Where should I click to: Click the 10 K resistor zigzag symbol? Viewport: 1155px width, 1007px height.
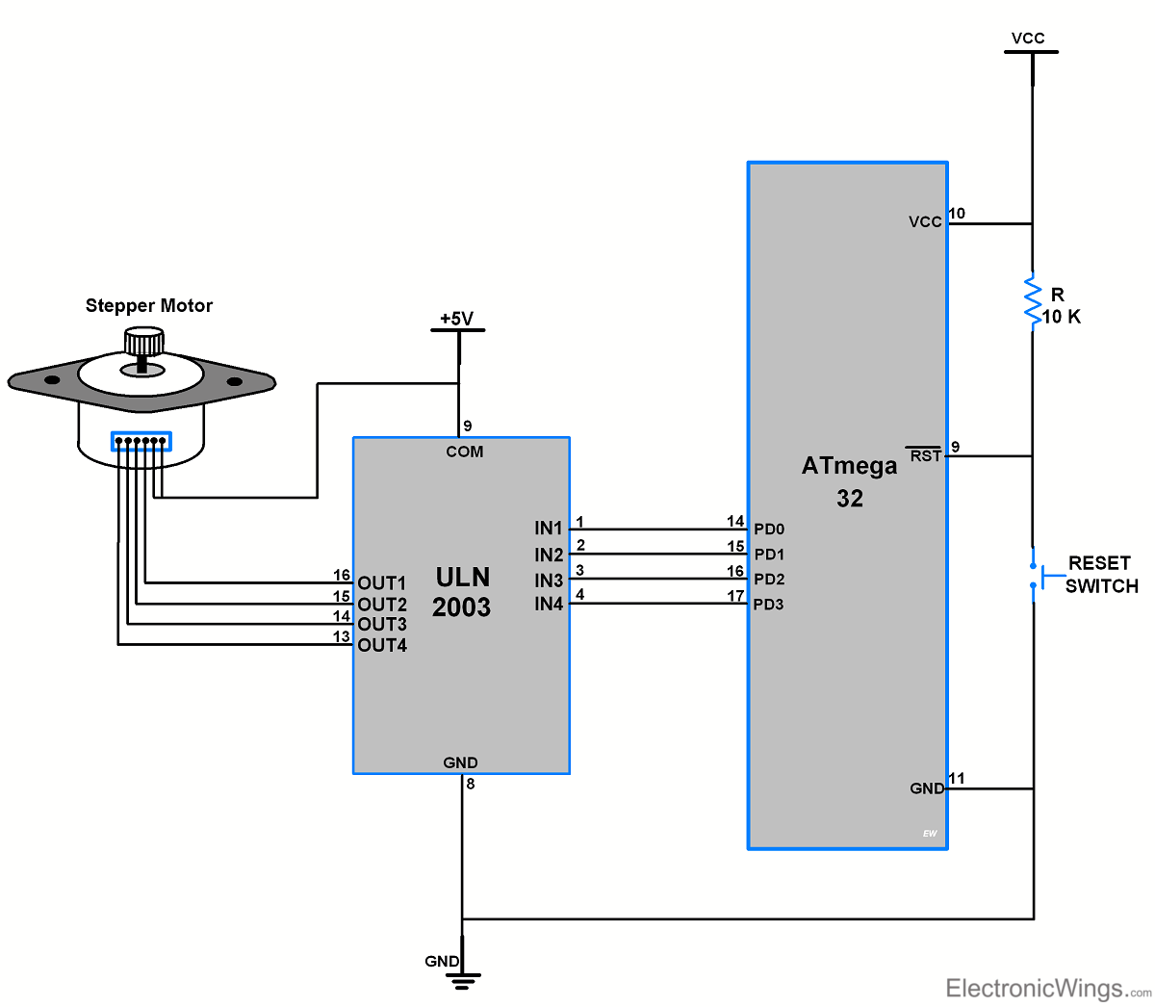pos(1033,300)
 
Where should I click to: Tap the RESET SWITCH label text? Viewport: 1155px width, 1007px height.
pos(1101,575)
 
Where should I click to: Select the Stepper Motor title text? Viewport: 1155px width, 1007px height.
pos(149,306)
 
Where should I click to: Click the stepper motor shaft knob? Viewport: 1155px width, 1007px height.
pos(143,341)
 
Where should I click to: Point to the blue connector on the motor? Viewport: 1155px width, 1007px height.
pos(141,442)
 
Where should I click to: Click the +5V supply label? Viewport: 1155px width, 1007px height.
pos(457,319)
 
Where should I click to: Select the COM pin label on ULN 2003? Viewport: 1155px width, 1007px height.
pos(464,452)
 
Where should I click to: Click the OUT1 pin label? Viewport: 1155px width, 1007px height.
pos(382,583)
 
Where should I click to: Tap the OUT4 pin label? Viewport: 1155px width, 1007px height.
pos(382,645)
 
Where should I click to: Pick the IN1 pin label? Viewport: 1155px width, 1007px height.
pos(549,529)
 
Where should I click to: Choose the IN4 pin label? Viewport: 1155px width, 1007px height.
pos(549,604)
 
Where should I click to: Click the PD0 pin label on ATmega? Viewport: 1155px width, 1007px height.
pos(769,529)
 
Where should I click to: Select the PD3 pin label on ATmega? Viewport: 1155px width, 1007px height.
pos(769,605)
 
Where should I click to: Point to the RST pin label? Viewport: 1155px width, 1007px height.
pos(925,455)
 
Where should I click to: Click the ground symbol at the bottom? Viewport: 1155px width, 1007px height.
pos(463,979)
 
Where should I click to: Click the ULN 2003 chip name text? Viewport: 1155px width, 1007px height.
pos(462,592)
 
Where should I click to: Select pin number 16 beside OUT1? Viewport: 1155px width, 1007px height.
pos(342,576)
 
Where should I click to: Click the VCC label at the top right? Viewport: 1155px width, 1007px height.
pos(1028,39)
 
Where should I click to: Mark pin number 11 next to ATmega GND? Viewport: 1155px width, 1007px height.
pos(957,778)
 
